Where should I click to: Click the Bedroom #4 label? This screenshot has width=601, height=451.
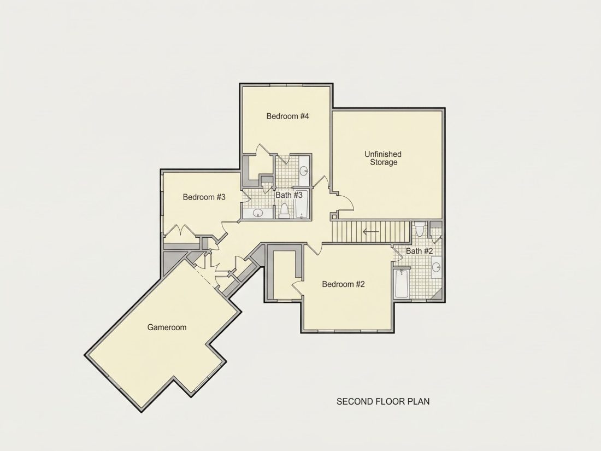(287, 116)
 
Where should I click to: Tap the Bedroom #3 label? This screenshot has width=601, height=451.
(204, 197)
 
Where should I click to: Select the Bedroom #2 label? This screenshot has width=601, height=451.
(343, 284)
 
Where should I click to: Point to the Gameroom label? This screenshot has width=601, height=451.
(167, 327)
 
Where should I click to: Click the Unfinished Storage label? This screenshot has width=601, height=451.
(383, 158)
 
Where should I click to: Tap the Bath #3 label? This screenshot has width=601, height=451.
(289, 195)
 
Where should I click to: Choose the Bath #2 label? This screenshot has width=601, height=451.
(419, 251)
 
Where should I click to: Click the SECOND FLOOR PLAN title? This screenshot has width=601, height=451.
(383, 402)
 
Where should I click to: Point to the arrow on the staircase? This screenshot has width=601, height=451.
(370, 232)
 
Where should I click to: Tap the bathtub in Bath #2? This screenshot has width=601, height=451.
(402, 284)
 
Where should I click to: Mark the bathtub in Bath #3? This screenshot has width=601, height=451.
(302, 204)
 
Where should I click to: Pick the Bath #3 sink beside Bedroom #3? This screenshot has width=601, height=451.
(257, 213)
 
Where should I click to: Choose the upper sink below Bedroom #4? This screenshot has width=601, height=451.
(304, 170)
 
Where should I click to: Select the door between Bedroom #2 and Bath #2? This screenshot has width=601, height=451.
(397, 255)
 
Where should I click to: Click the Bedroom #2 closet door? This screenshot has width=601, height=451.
(297, 289)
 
